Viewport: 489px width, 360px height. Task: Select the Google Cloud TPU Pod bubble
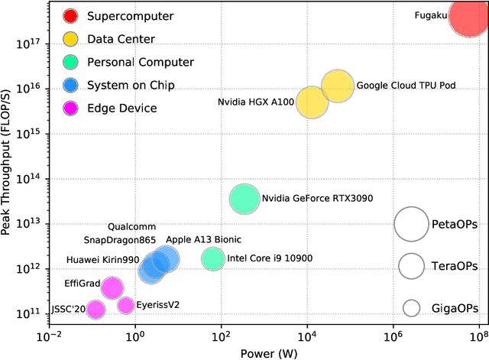tap(337, 86)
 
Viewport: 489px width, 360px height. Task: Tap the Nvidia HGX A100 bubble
tap(313, 102)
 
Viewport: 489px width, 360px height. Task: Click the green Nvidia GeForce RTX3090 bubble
tap(244, 199)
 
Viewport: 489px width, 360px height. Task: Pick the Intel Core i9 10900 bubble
tap(213, 259)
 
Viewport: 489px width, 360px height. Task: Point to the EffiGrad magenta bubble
tap(112, 288)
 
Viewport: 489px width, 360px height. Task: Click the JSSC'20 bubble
tap(96, 310)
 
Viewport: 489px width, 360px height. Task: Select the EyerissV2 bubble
tap(126, 306)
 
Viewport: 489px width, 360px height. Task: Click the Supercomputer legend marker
tap(70, 16)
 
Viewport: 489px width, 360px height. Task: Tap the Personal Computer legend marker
tap(70, 62)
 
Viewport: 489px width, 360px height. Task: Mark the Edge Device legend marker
tap(70, 108)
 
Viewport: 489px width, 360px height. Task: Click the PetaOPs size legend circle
tap(412, 225)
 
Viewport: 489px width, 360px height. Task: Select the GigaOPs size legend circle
tap(412, 308)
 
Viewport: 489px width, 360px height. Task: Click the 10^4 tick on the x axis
tap(307, 336)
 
